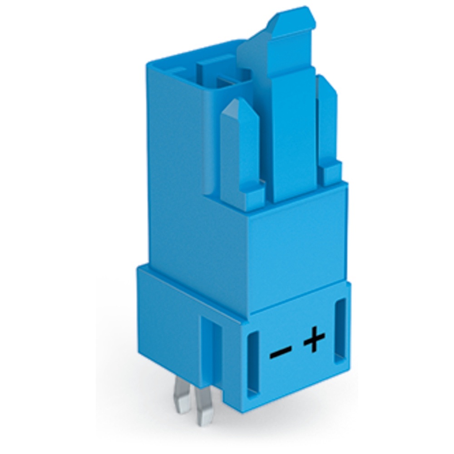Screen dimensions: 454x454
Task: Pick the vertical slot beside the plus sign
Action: tap(340, 331)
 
